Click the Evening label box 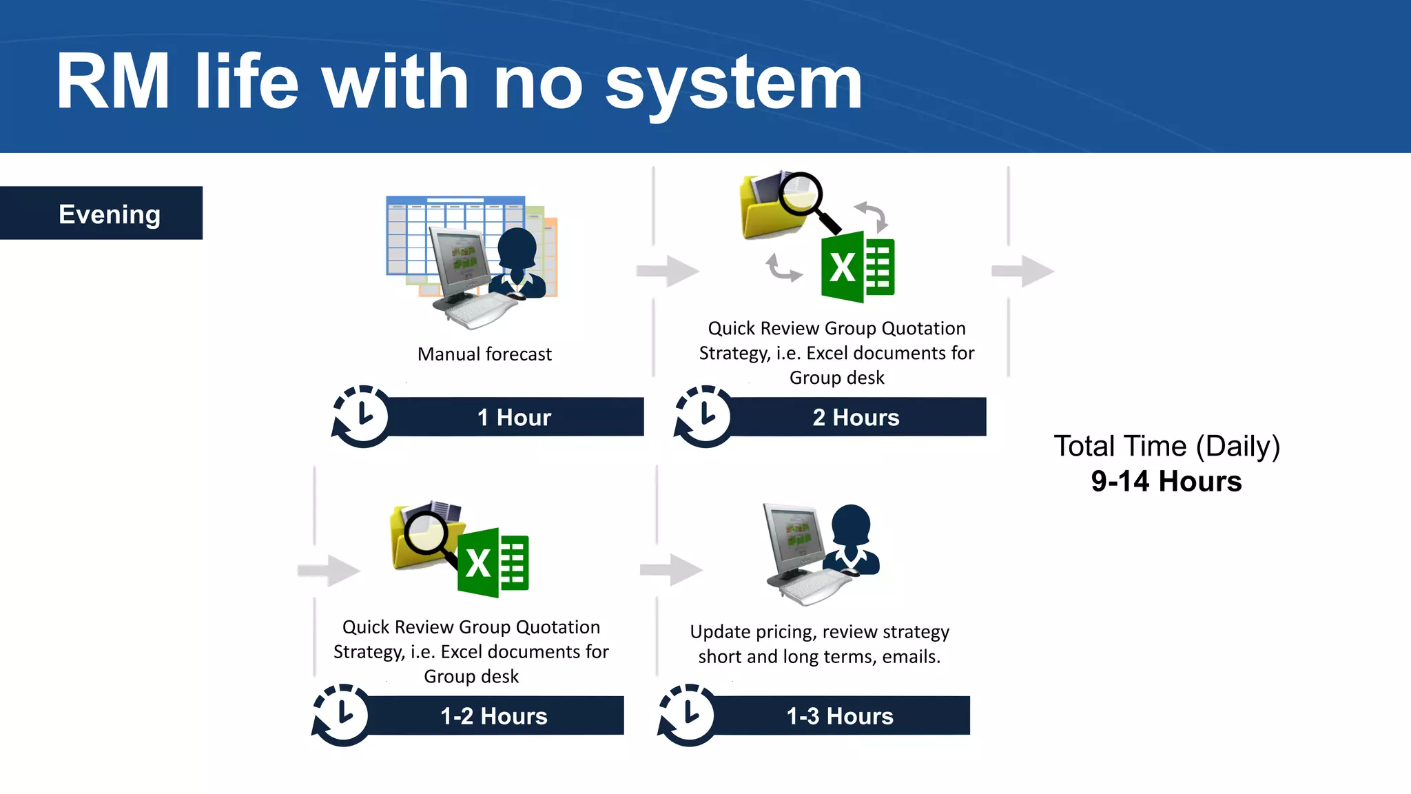click(x=101, y=213)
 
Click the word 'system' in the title click(x=733, y=84)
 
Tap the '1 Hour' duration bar click(x=514, y=417)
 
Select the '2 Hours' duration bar click(x=856, y=417)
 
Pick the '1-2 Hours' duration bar click(x=493, y=715)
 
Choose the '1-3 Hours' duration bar click(x=839, y=715)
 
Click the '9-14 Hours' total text click(x=1166, y=481)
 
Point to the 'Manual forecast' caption click(x=484, y=354)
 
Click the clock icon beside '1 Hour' click(x=361, y=416)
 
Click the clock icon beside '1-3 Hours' click(x=687, y=715)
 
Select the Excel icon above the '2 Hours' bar click(x=858, y=267)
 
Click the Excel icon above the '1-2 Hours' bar click(x=493, y=562)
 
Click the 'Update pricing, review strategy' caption click(x=819, y=632)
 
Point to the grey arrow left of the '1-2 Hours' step click(x=329, y=570)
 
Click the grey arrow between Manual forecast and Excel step click(x=668, y=271)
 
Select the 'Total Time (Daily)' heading click(x=1166, y=447)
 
